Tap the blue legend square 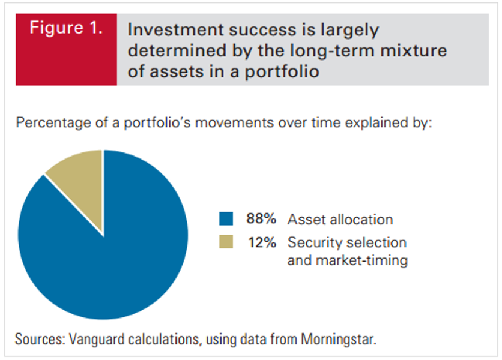[x=226, y=218]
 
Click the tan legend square [x=226, y=242]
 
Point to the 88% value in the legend [x=261, y=219]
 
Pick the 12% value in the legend [x=262, y=242]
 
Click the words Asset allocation [x=340, y=220]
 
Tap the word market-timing [x=361, y=260]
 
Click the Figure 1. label [x=66, y=28]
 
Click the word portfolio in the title [x=282, y=71]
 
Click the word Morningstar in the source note [x=339, y=339]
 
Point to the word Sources [x=40, y=339]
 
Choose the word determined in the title [x=177, y=50]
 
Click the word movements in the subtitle [x=234, y=123]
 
